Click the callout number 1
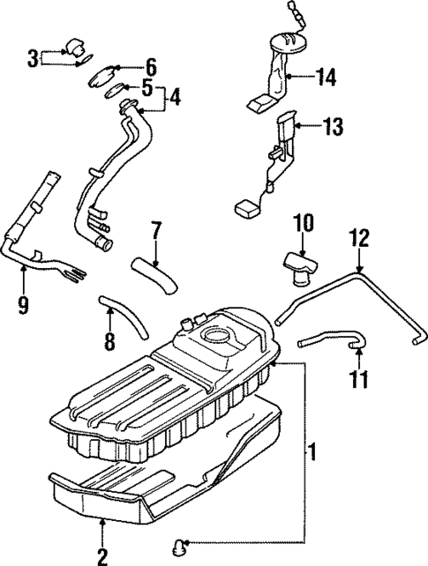coord(311,455)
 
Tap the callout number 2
coord(101,555)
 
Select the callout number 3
coord(33,59)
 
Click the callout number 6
coord(150,67)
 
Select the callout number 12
coord(359,237)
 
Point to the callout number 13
coord(332,128)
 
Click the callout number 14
coord(326,78)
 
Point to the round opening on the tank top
coord(216,335)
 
